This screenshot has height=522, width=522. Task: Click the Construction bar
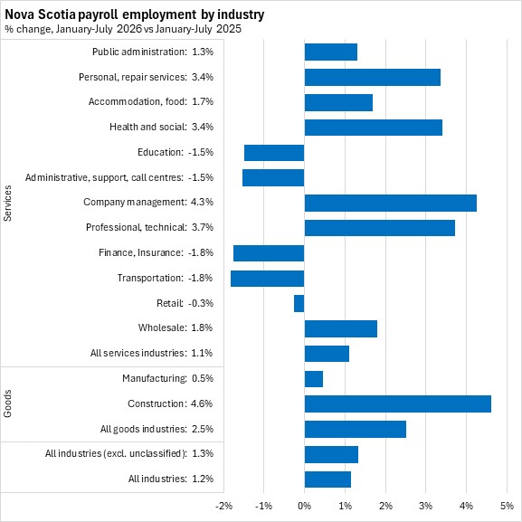coord(398,403)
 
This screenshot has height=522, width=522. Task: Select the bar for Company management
coord(391,203)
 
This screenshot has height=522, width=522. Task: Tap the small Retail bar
coord(299,303)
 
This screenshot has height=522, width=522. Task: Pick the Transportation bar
coord(267,279)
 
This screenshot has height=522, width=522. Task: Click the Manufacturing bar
coord(314,379)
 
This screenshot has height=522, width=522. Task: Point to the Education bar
coord(274,153)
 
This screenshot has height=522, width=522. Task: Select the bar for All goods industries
coord(356,429)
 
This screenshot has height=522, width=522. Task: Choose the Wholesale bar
coord(341,328)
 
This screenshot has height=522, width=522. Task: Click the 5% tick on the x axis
coord(507,506)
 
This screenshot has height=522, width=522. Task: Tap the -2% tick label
coord(223,506)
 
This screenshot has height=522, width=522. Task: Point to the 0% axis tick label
coord(304,506)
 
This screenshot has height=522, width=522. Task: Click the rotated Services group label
coord(7,203)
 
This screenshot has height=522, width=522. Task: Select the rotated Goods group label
coord(7,403)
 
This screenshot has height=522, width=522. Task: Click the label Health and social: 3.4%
coord(161,127)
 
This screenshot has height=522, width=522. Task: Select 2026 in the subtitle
coord(129,29)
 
